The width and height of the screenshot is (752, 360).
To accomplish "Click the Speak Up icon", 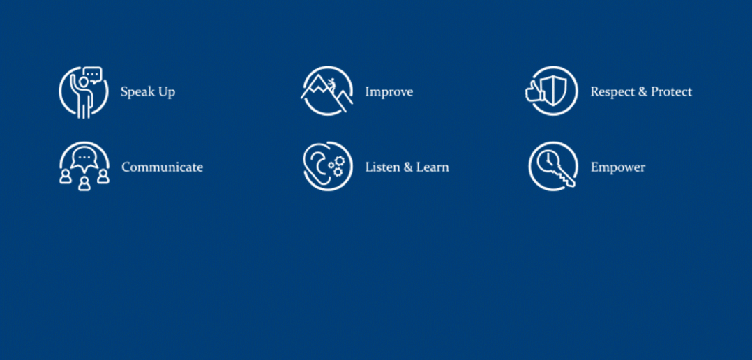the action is [84, 92].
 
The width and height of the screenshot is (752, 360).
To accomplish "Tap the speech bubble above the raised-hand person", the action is [93, 75].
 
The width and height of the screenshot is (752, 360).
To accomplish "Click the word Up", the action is [168, 91].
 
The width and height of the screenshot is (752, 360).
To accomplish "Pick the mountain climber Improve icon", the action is [328, 91].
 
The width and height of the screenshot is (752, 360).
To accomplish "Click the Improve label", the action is [389, 91].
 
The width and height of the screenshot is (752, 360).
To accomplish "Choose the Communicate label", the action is [162, 167].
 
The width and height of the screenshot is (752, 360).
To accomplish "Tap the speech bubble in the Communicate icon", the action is [84, 160].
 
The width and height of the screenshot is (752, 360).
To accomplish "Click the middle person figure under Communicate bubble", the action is [84, 184].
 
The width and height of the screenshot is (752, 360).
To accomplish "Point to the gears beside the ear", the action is [337, 165].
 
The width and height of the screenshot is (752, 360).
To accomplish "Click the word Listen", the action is [382, 167].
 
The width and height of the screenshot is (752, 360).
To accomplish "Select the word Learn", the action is [433, 167].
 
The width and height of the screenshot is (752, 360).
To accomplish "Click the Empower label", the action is [618, 167].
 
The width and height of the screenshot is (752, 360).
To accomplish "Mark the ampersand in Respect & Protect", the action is [642, 91].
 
